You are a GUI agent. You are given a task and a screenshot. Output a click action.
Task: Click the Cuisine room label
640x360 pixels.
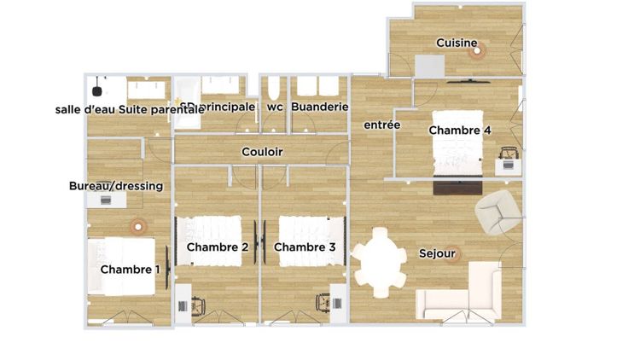click(457, 43)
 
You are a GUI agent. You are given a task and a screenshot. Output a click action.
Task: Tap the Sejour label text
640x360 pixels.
click(435, 253)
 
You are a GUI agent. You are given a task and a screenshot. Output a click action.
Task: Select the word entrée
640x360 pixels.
click(381, 125)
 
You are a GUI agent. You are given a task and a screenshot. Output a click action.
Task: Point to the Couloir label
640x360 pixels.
click(262, 152)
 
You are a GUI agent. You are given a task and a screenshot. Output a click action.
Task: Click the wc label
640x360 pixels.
click(275, 107)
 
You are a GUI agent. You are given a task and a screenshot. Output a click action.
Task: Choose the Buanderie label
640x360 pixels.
click(320, 107)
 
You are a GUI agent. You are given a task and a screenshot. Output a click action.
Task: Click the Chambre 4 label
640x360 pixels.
click(460, 131)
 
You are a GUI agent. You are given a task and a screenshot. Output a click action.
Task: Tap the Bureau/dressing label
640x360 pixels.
click(115, 185)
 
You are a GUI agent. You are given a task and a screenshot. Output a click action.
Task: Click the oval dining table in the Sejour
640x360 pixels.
click(380, 262)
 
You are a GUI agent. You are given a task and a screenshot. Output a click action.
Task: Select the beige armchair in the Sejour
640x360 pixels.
click(497, 212)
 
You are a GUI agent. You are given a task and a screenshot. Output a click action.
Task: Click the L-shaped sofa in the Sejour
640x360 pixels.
click(465, 294)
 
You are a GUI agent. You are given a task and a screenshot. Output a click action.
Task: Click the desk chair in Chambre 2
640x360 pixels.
click(200, 304)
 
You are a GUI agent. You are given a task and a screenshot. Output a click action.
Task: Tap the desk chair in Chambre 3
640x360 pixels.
click(323, 303)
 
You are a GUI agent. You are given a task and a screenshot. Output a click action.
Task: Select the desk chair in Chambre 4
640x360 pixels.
click(509, 156)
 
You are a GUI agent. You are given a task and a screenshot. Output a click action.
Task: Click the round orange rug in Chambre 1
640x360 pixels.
click(135, 227)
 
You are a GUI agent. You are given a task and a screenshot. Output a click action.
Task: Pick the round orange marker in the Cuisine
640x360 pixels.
click(476, 50)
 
